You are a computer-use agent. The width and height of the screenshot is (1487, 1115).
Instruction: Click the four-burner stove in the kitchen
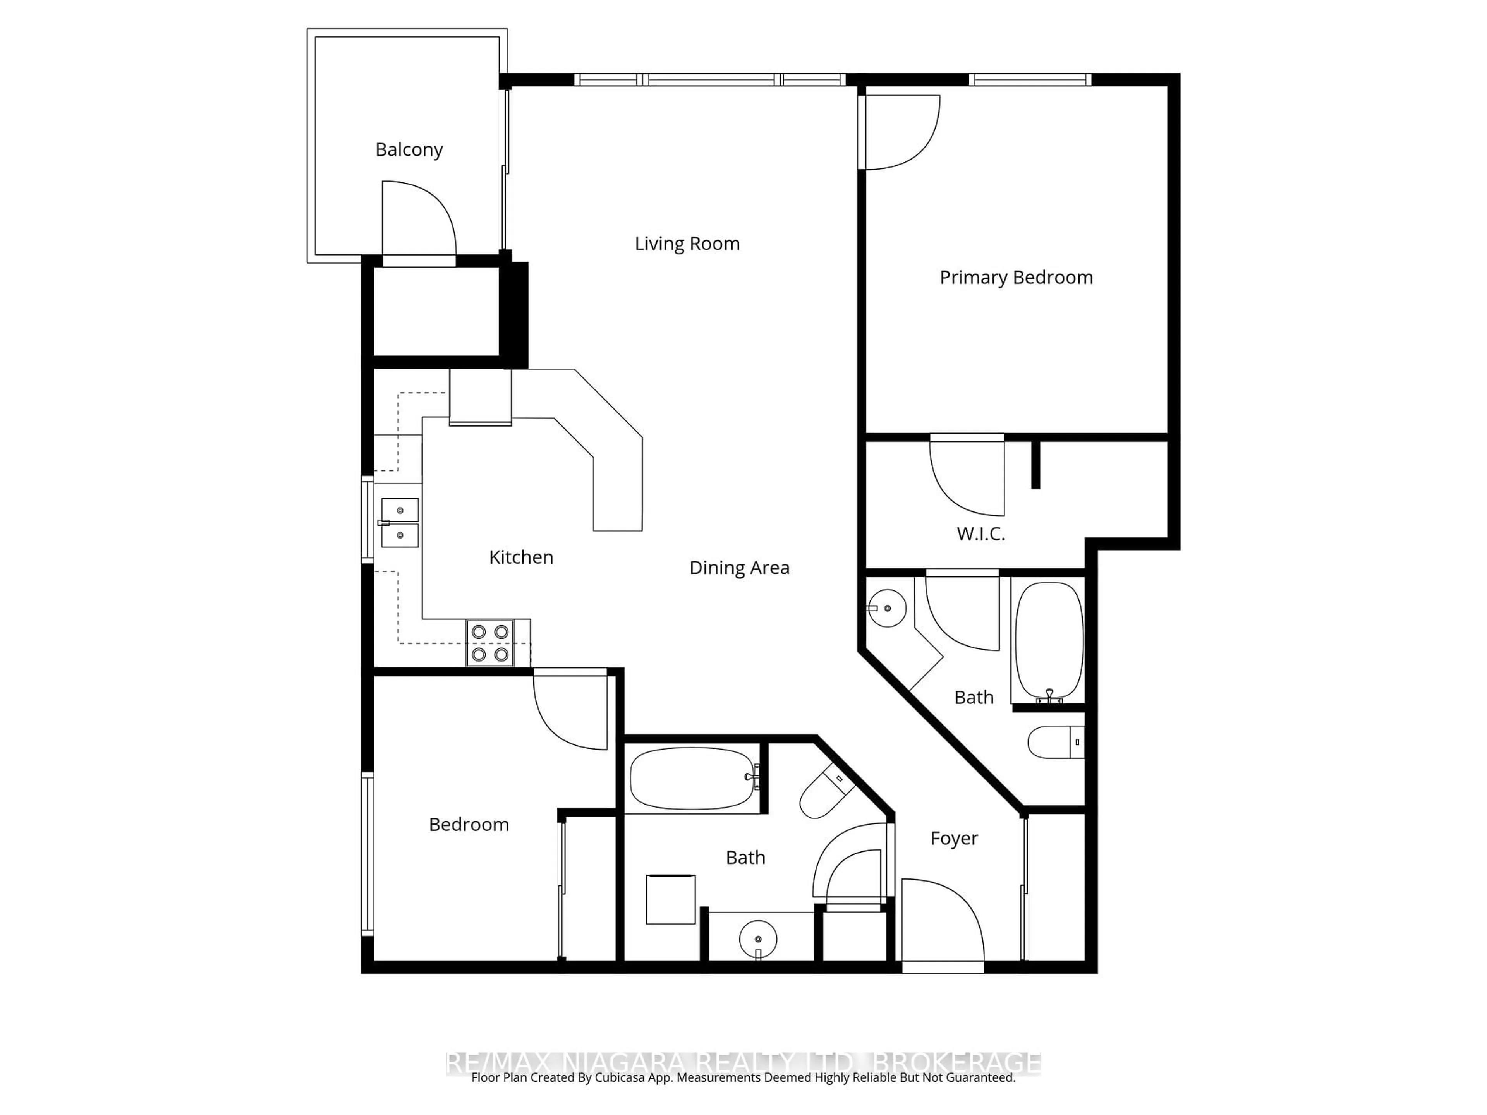pyautogui.click(x=489, y=643)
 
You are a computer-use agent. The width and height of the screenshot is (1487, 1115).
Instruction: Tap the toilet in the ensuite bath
pyautogui.click(x=1055, y=742)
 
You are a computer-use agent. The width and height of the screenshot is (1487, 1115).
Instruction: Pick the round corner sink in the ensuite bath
pyautogui.click(x=887, y=608)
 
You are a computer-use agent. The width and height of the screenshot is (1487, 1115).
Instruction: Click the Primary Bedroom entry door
pyautogui.click(x=901, y=132)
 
